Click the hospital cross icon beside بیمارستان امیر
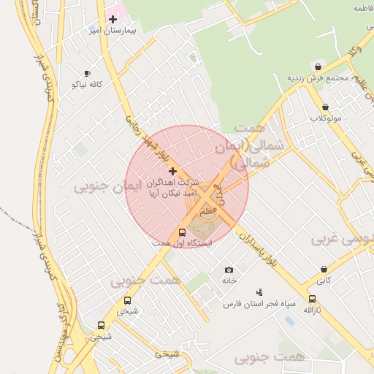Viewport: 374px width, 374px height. (112, 19)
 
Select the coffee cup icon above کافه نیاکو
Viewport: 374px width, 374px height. (87, 73)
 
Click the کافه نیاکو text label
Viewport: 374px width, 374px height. (87, 84)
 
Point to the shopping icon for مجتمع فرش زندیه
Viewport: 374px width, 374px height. (318, 66)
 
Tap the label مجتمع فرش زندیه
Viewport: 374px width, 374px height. (316, 78)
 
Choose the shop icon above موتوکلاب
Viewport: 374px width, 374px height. (325, 107)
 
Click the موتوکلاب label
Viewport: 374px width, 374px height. (325, 118)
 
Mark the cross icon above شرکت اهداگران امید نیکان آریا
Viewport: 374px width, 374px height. (172, 170)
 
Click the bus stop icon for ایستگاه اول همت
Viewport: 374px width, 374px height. (182, 232)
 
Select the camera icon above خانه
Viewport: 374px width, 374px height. (229, 270)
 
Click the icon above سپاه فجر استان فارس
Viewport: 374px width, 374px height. (258, 292)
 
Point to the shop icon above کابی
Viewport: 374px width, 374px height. (323, 269)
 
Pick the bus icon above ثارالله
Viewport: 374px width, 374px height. (313, 299)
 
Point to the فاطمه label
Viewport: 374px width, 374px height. (363, 8)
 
